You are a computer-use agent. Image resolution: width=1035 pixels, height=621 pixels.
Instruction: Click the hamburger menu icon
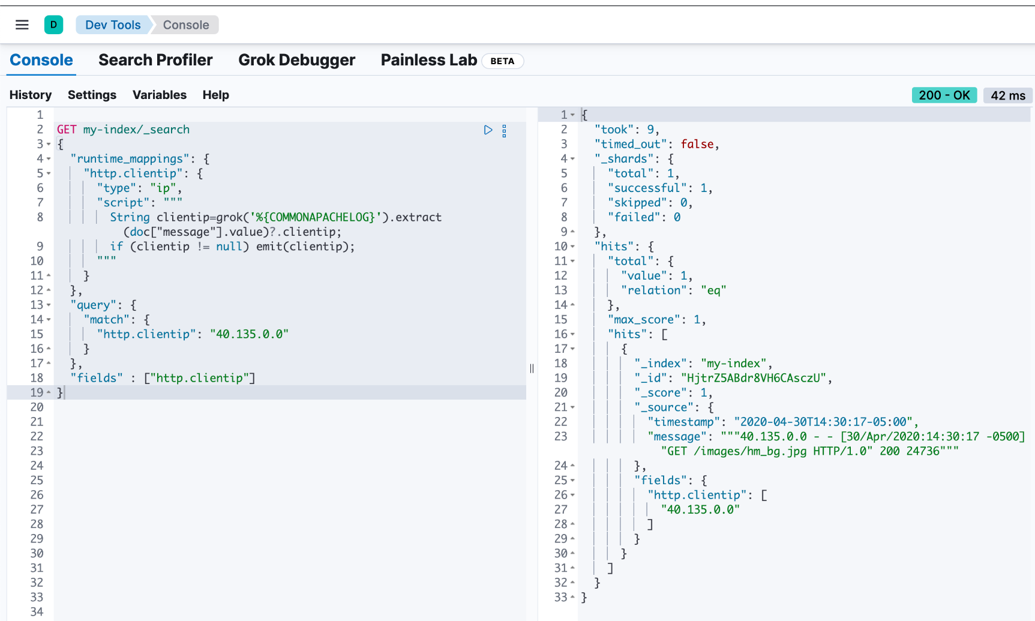click(22, 25)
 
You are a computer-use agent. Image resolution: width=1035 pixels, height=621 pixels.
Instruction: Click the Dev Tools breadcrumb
click(113, 25)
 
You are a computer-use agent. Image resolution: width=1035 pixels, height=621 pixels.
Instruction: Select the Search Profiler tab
click(155, 60)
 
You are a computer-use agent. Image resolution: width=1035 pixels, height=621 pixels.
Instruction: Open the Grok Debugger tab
click(296, 60)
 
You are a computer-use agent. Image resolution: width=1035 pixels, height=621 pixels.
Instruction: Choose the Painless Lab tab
click(428, 60)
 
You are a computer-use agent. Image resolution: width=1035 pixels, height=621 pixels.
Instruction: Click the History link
click(31, 95)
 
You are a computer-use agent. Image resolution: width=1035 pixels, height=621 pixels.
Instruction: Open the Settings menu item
click(92, 95)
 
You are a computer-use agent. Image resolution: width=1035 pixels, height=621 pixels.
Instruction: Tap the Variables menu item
click(160, 95)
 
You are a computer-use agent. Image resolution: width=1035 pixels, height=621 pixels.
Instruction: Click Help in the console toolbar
click(215, 95)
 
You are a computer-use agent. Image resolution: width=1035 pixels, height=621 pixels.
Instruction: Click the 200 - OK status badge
click(944, 95)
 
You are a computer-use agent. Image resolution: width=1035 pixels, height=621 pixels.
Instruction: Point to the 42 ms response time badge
click(1008, 95)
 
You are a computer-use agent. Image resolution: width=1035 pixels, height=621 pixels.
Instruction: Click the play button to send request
click(488, 130)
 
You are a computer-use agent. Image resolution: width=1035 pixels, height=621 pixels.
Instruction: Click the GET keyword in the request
click(67, 130)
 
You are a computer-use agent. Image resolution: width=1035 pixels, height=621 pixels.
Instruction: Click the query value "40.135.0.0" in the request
click(249, 334)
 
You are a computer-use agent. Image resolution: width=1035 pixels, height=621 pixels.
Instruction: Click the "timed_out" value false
click(697, 144)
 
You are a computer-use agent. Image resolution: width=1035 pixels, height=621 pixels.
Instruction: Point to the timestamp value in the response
click(823, 422)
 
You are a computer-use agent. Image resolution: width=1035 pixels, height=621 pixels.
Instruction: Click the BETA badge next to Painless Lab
click(502, 61)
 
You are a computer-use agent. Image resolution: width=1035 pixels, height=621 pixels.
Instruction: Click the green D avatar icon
click(53, 25)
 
